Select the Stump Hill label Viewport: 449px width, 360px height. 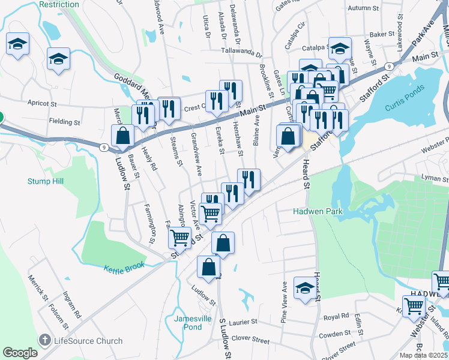point(45,181)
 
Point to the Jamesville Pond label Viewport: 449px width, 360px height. point(193,323)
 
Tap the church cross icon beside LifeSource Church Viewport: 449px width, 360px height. point(44,340)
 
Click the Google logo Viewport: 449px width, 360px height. point(20,352)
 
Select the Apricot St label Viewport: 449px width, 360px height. point(41,103)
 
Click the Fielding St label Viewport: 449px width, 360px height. point(65,122)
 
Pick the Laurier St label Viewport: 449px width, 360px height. point(241,322)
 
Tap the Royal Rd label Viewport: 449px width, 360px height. point(336,316)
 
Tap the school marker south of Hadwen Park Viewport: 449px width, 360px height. point(304,289)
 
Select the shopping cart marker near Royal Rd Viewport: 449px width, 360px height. point(414,305)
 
